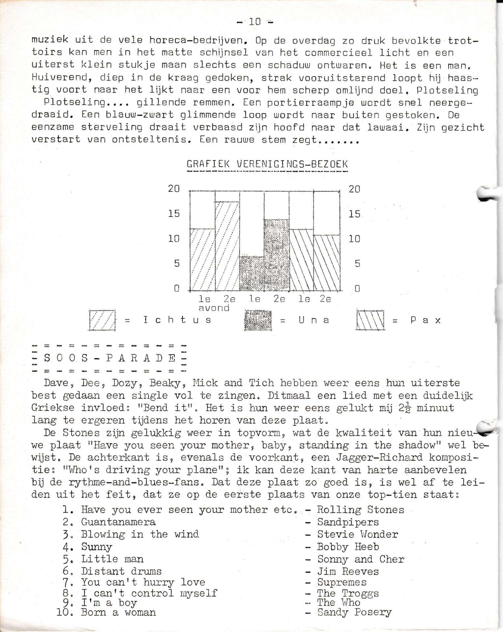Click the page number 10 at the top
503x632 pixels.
(x=255, y=22)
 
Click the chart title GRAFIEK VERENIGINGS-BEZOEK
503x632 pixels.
(x=267, y=164)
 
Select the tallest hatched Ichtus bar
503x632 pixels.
(x=227, y=246)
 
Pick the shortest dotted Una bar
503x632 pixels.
(x=251, y=274)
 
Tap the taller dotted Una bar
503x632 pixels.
(x=277, y=255)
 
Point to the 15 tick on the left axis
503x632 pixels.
(x=174, y=214)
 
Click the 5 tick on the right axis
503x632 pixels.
(x=357, y=263)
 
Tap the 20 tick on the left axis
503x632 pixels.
(x=174, y=189)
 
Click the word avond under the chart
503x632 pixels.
(x=214, y=308)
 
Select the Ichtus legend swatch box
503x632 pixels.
(x=102, y=320)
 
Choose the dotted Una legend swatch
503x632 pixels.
(x=258, y=320)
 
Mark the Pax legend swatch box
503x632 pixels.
(x=370, y=320)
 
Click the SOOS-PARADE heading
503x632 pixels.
(x=109, y=358)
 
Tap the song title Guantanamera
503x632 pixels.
(x=118, y=522)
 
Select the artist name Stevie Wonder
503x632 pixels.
(x=357, y=534)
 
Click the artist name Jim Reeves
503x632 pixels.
(x=348, y=571)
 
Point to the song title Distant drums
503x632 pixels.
(x=121, y=571)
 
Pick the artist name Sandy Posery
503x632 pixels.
(x=354, y=613)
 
